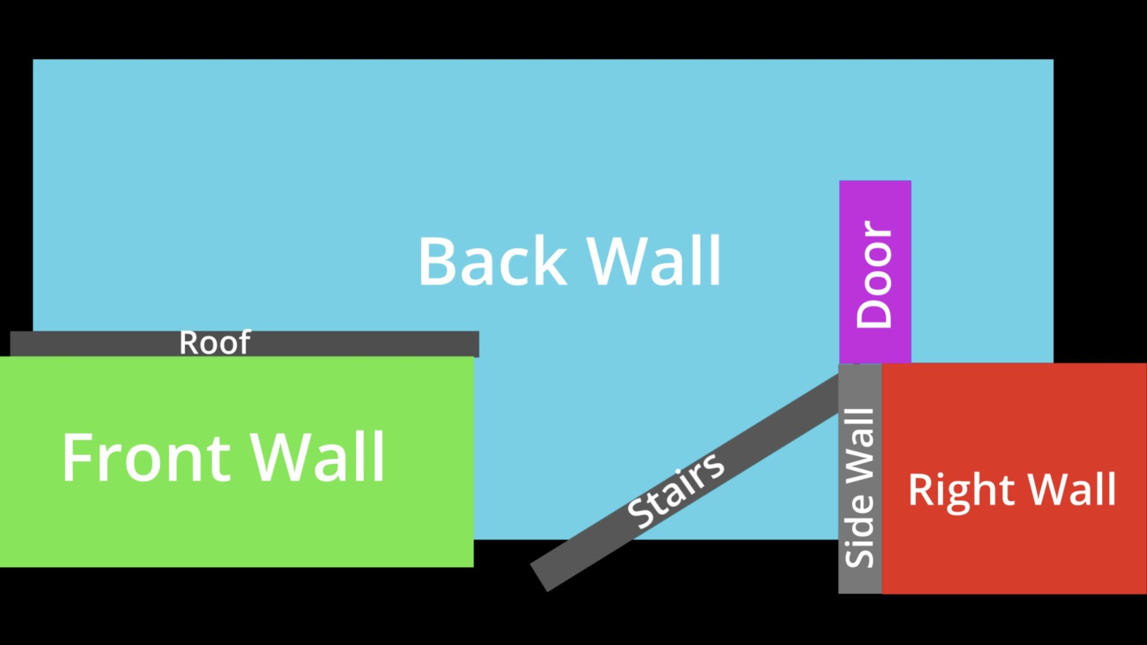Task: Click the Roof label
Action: point(214,343)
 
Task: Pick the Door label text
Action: point(874,274)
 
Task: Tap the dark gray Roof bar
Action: point(358,344)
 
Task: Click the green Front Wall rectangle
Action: point(239,526)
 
